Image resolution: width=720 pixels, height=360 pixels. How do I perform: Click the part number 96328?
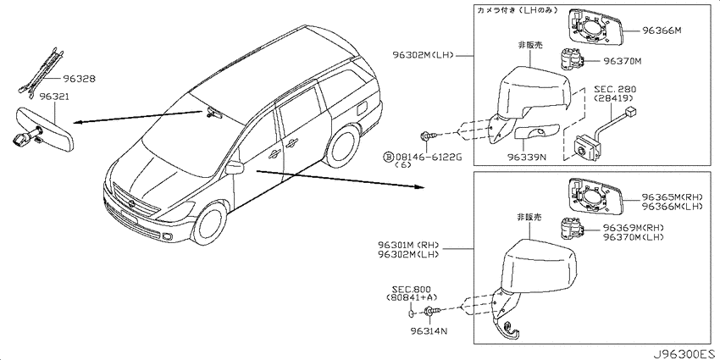(80, 79)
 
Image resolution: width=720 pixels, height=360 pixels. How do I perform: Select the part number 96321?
(55, 97)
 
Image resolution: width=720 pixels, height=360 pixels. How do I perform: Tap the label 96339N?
(527, 158)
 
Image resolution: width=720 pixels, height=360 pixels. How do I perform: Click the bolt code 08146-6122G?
(428, 158)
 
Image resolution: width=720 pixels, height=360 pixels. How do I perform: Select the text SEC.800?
(411, 290)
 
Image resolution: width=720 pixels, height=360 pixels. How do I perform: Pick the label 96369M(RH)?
(634, 228)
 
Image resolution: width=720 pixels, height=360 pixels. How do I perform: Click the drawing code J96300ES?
(684, 354)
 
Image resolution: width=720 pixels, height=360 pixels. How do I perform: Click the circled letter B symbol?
(388, 158)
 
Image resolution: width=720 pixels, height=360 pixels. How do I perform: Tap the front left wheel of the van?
(209, 224)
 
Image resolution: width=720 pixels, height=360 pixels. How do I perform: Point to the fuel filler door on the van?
(361, 108)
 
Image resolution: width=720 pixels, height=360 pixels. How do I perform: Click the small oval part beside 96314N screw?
(412, 313)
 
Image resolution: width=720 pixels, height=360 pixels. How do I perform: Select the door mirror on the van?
(235, 168)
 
